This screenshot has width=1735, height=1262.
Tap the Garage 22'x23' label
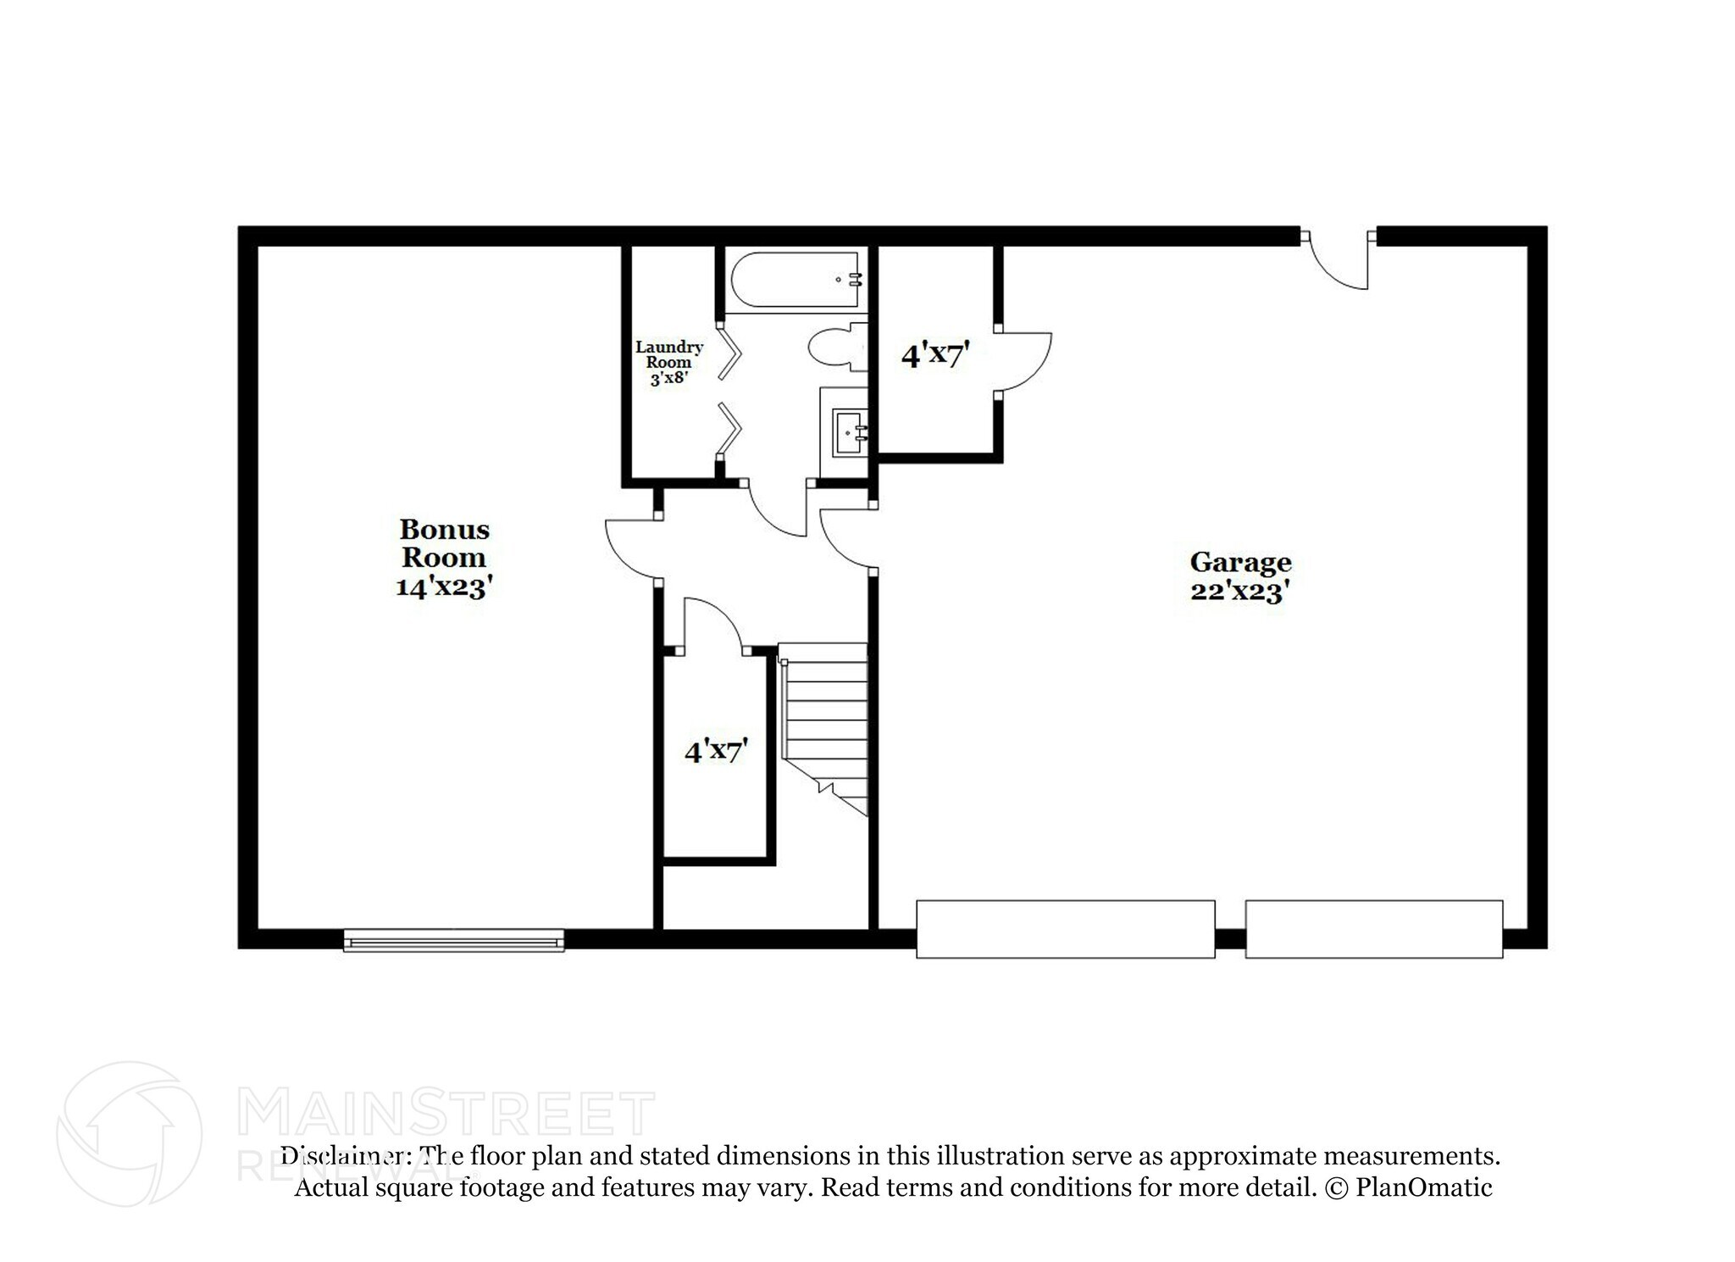point(1240,576)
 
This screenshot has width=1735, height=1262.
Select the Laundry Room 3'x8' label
point(669,362)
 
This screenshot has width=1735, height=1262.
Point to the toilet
point(834,347)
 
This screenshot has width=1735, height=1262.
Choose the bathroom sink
point(848,432)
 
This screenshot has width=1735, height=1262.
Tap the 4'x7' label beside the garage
point(934,354)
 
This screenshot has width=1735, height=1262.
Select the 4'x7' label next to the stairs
point(716,751)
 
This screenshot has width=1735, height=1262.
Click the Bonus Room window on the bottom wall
point(453,940)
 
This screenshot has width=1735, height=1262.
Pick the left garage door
point(1065,929)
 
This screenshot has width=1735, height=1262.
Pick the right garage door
point(1373,929)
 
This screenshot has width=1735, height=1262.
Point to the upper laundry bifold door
point(729,353)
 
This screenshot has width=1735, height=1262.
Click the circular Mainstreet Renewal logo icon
point(129,1133)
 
